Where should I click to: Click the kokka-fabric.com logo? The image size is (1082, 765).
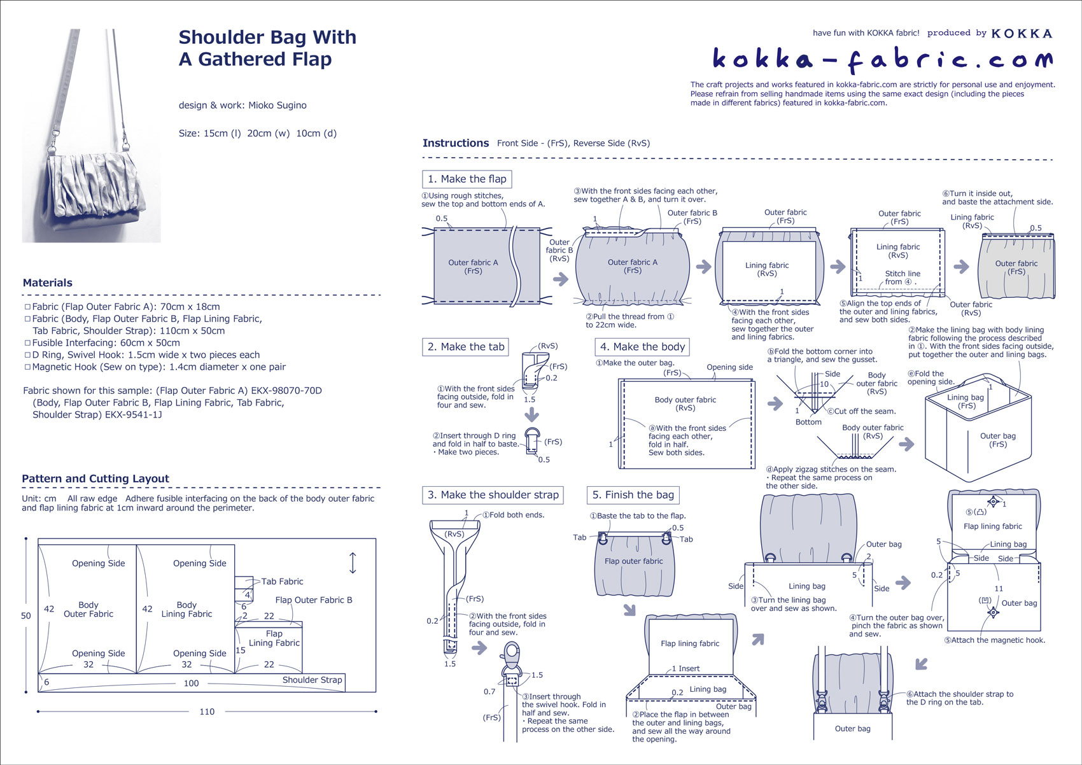882,59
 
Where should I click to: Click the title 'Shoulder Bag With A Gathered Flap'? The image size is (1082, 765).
267,48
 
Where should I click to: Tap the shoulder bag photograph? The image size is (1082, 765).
91,135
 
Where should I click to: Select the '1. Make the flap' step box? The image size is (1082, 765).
467,179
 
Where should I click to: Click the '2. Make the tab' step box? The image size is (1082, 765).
466,347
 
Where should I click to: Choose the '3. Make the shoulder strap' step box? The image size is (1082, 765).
493,495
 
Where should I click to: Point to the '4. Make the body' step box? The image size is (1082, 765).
642,347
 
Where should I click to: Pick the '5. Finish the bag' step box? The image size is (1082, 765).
633,495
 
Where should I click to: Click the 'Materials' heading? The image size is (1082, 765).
48,283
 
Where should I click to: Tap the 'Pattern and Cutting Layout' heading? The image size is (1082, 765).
95,479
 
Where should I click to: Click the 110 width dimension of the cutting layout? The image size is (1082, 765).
207,712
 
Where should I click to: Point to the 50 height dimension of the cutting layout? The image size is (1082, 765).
26,615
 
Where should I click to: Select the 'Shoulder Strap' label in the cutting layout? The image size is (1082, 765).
312,680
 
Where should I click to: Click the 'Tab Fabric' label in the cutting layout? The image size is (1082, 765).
282,582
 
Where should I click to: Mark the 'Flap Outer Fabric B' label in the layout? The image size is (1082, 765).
313,600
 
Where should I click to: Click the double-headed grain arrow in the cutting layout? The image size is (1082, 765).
353,563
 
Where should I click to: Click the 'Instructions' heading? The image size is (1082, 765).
456,143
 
